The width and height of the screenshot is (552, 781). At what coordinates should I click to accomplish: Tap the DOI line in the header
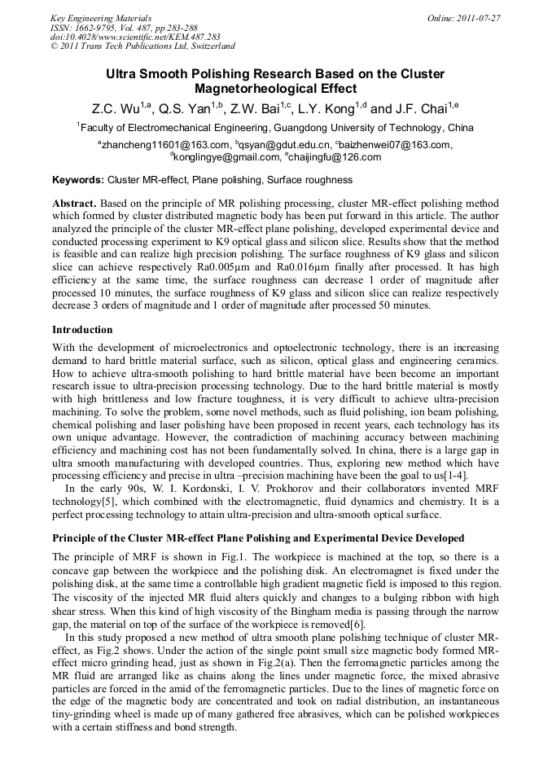click(123, 37)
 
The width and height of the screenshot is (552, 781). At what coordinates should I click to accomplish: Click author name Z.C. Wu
click(116, 108)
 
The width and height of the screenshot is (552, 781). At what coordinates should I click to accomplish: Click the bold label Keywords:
click(78, 179)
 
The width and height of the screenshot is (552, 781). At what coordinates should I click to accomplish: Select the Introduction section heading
click(82, 330)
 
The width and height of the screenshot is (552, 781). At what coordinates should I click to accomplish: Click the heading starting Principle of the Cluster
click(258, 538)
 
